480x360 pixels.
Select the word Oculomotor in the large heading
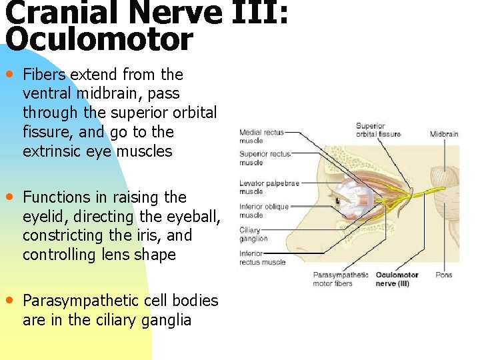[99, 40]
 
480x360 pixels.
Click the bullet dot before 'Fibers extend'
[10, 73]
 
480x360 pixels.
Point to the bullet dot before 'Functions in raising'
[10, 197]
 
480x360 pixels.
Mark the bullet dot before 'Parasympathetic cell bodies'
[10, 300]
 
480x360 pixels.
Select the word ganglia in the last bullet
[167, 320]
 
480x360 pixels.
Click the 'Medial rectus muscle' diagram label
[261, 136]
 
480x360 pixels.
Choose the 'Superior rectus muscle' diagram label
[265, 158]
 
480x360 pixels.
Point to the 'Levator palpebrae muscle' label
[269, 187]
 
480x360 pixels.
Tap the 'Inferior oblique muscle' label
[264, 211]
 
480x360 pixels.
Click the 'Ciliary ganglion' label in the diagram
[253, 235]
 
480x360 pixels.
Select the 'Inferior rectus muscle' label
[262, 257]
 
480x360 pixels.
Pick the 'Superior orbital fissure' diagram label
[378, 130]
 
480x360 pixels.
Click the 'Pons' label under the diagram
[443, 275]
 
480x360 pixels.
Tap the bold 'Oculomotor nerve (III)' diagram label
[397, 279]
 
